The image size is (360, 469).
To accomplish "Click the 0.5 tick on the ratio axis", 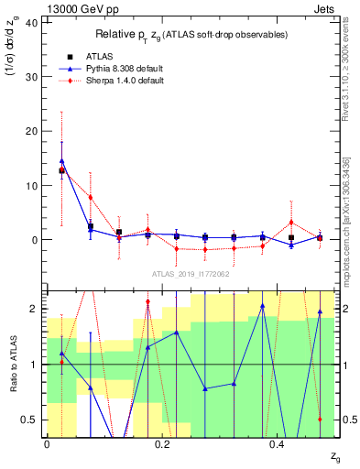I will coord(30,420).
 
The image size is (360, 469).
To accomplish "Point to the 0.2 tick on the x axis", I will coord(162,444).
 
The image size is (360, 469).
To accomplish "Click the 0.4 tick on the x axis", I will coord(278,444).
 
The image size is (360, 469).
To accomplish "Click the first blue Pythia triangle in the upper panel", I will coord(61,161).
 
